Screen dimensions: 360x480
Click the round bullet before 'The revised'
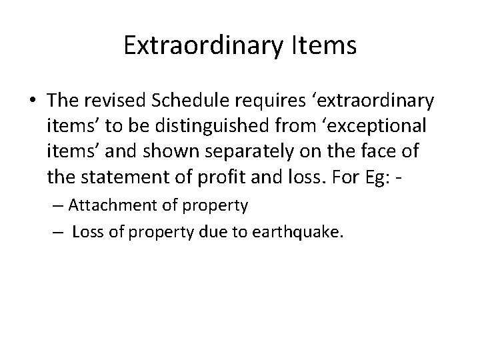click(33, 101)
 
